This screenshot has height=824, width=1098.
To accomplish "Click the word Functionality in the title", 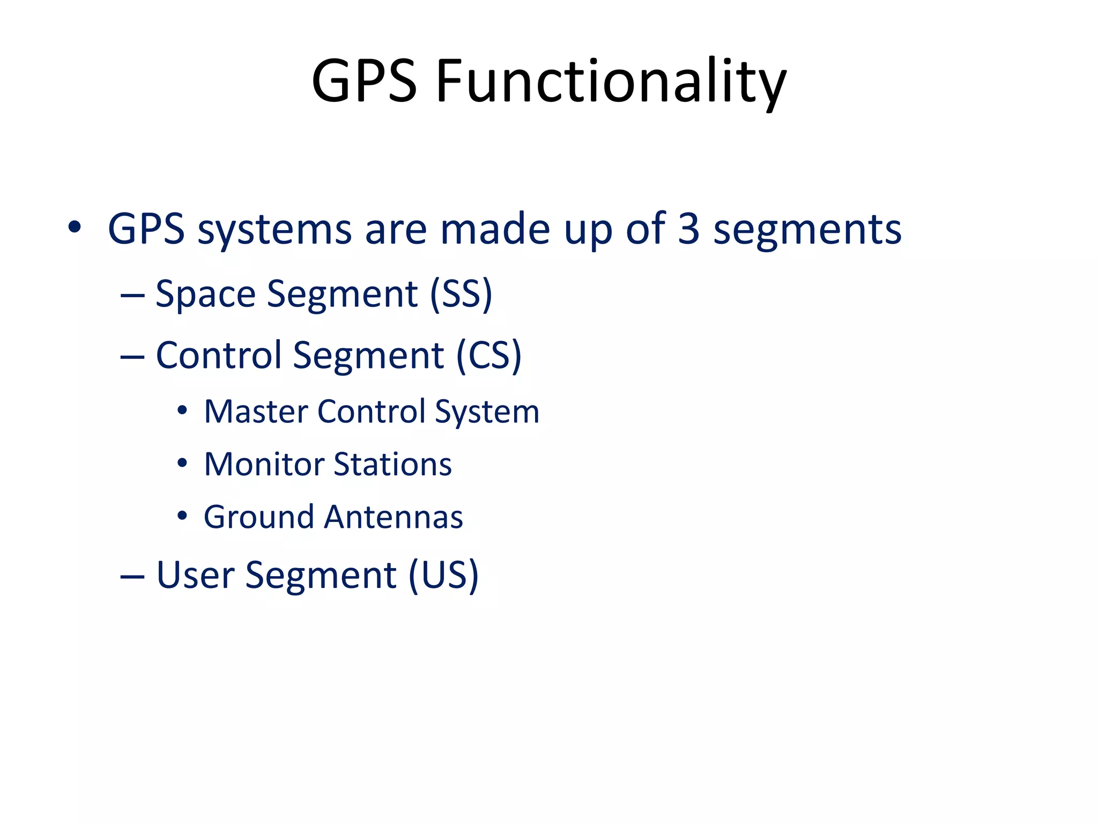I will (611, 82).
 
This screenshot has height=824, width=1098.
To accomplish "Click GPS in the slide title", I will (365, 82).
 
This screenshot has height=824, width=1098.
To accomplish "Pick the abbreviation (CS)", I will (488, 355).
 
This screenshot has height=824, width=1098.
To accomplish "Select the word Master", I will (255, 412).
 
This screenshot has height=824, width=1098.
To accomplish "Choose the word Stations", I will (393, 464).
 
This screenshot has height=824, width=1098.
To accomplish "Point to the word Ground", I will (259, 517).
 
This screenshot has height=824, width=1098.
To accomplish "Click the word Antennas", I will (394, 517).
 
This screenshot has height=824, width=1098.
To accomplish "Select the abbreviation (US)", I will (443, 575).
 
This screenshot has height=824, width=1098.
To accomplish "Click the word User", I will (196, 575).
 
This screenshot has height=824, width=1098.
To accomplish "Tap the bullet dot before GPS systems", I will (75, 228).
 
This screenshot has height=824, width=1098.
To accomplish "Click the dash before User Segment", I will (132, 577).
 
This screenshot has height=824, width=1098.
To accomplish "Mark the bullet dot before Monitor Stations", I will (182, 463).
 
